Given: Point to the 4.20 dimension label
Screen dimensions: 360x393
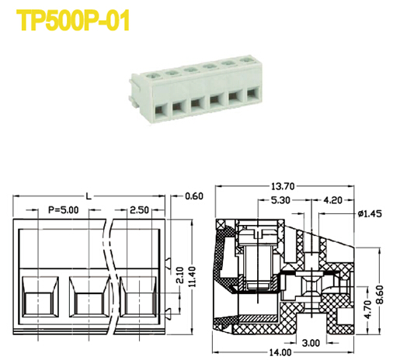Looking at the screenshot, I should pyautogui.click(x=334, y=199).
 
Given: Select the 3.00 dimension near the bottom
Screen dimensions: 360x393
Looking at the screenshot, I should pyautogui.click(x=309, y=342).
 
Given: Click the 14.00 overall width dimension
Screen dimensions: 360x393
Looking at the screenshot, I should pyautogui.click(x=280, y=353).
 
